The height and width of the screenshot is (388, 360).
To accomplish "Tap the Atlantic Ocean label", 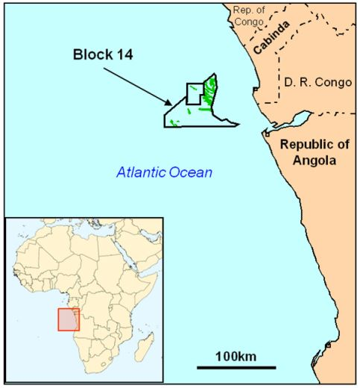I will tap(164, 173).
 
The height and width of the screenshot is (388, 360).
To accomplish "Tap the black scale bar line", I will tap(236, 367).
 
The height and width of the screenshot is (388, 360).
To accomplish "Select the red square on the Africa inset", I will tap(69, 319).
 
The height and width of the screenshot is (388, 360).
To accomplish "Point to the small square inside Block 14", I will tap(194, 93).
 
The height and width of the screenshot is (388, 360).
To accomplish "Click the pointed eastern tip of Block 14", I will tap(238, 122).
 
